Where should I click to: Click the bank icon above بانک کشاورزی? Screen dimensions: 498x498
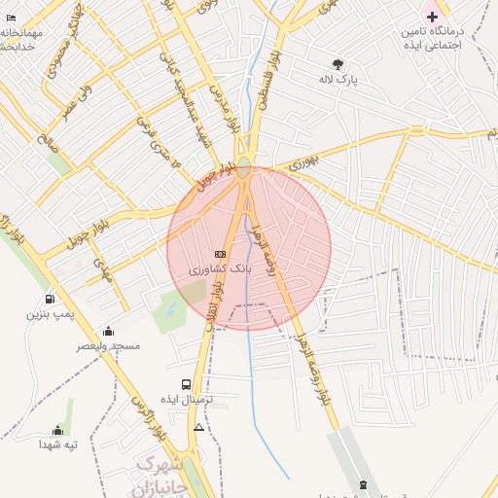[219, 254]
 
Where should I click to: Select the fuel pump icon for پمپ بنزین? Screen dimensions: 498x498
[50, 300]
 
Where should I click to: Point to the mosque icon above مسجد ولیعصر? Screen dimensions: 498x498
[108, 331]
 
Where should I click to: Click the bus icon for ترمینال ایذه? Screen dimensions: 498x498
[187, 384]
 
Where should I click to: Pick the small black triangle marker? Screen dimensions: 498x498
[199, 427]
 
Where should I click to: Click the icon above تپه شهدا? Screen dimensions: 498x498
[57, 430]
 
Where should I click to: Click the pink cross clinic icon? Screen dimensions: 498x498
[432, 17]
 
